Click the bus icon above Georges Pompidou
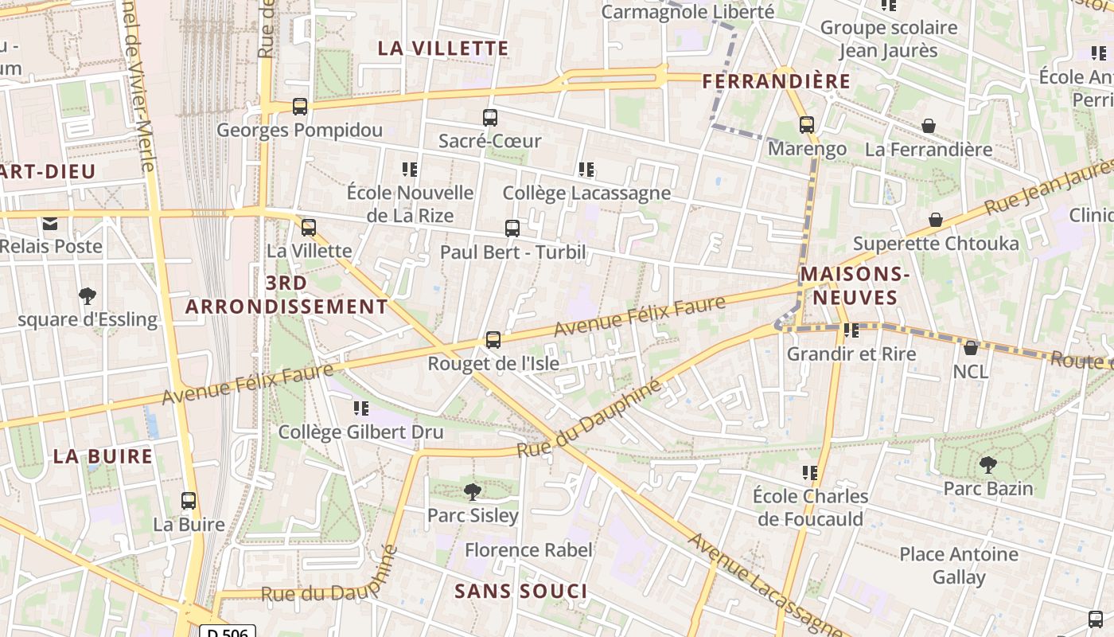point(300,106)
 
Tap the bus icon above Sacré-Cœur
point(490,118)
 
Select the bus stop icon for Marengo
point(807,125)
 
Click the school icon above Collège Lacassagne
point(586,169)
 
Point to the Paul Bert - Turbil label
point(512,252)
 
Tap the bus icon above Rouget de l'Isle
point(493,340)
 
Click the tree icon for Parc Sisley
point(473,491)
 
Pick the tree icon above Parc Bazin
point(988,464)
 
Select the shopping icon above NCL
point(971,347)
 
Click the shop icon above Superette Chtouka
point(936,219)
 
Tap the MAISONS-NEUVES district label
point(853,286)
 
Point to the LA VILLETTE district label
point(443,48)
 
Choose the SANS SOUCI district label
point(521,591)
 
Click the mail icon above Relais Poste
point(51,223)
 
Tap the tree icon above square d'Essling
point(88,296)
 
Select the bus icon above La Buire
point(189,501)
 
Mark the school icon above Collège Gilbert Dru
point(361,408)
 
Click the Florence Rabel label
point(528,550)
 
